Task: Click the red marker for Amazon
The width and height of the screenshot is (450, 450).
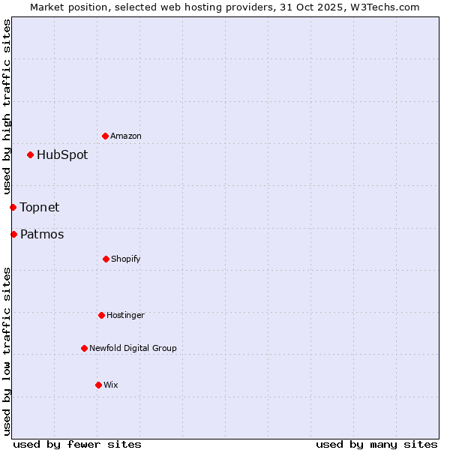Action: [x=105, y=136]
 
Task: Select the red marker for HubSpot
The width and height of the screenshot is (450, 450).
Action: [x=30, y=155]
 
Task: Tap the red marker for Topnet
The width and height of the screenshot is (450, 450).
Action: [x=13, y=207]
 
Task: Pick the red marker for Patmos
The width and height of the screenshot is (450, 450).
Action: [x=13, y=235]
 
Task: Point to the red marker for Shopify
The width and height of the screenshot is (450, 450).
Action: [x=106, y=259]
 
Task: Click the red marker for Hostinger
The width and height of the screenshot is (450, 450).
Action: [x=101, y=315]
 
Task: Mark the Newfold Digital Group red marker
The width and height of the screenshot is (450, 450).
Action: [x=84, y=348]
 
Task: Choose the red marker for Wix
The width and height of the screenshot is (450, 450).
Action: [x=98, y=385]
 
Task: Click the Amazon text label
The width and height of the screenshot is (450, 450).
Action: [x=126, y=136]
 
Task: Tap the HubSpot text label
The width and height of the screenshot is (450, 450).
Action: [x=62, y=155]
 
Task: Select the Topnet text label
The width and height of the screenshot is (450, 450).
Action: [x=40, y=207]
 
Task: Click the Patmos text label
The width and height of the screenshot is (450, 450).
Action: [x=42, y=235]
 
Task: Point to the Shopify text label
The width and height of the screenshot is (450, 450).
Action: [x=126, y=259]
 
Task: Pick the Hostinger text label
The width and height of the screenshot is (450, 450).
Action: [x=125, y=315]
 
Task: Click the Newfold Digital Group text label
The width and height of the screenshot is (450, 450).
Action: [x=133, y=348]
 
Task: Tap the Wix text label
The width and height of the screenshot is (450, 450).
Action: [x=111, y=385]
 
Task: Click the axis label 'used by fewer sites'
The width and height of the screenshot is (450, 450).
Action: [x=77, y=444]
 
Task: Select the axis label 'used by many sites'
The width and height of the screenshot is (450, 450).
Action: [x=376, y=444]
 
